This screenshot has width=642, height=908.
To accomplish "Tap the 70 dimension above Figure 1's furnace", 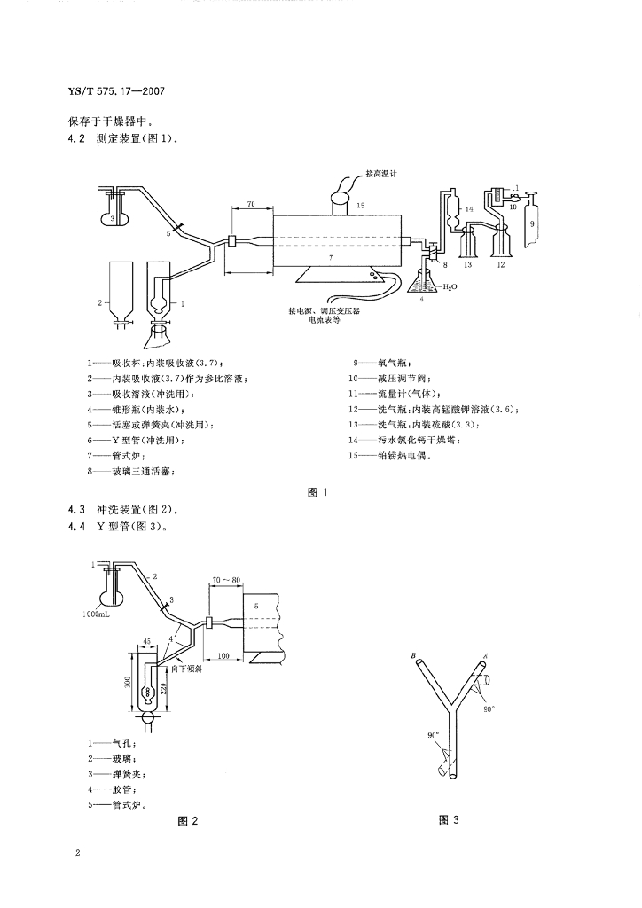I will point(250,204).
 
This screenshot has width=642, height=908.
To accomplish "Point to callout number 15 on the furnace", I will point(361,205).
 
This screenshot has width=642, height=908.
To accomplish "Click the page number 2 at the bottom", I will point(79,853).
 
